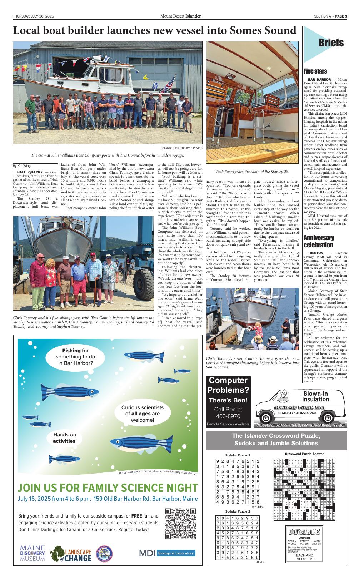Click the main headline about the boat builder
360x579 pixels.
click(x=154, y=31)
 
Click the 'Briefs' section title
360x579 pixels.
click(x=331, y=43)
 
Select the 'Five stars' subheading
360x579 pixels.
click(x=315, y=71)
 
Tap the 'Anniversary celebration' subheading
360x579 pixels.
click(x=319, y=241)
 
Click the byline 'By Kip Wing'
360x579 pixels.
click(x=22, y=166)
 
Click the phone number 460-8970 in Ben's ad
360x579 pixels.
click(x=228, y=416)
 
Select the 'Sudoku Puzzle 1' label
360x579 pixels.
click(x=237, y=455)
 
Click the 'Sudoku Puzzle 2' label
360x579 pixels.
click(x=237, y=511)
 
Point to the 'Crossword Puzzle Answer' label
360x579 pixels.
click(x=304, y=454)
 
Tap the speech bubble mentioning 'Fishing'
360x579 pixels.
click(x=75, y=357)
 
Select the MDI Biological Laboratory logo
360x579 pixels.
click(x=167, y=553)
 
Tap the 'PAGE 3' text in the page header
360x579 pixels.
click(x=341, y=16)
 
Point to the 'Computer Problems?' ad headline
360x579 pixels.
click(x=228, y=385)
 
